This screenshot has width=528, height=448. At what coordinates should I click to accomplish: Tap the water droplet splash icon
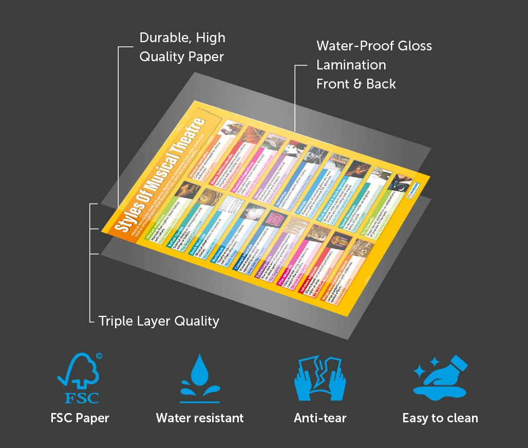[200, 378]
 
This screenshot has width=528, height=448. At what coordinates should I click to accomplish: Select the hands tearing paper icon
[320, 378]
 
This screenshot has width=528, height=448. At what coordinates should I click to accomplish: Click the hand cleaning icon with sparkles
[440, 378]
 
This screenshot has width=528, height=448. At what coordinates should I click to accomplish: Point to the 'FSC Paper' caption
[80, 418]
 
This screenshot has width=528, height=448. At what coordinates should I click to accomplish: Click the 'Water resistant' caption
[200, 418]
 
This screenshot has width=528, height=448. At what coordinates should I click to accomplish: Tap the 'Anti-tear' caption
[320, 418]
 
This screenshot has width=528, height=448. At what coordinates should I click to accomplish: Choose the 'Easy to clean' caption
[440, 418]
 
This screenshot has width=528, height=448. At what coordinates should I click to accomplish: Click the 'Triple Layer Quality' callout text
[159, 321]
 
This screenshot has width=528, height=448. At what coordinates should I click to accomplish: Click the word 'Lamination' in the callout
[351, 65]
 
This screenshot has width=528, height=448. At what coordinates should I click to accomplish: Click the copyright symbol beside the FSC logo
[99, 355]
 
